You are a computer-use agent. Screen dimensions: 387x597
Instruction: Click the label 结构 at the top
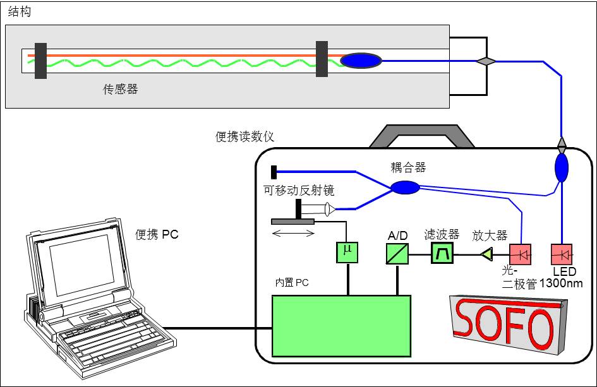[x=18, y=11]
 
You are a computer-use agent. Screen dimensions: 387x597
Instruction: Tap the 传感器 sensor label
[x=121, y=90]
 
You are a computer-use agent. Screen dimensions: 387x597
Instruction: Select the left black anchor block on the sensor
[x=40, y=61]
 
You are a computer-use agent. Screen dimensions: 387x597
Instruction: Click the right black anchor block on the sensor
[x=322, y=59]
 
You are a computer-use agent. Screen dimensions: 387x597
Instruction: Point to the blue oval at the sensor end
[x=361, y=61]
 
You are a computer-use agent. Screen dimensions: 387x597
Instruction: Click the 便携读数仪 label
[x=245, y=137]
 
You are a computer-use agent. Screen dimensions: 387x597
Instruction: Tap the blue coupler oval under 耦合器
[x=405, y=188]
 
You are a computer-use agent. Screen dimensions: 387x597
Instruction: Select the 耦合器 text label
[x=408, y=167]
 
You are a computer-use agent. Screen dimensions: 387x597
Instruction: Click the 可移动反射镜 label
[x=299, y=190]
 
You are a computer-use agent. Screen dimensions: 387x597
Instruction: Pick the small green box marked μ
[x=346, y=252]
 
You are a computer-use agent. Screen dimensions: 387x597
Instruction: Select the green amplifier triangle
[x=486, y=254]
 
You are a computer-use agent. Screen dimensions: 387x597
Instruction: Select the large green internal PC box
[x=341, y=326]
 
